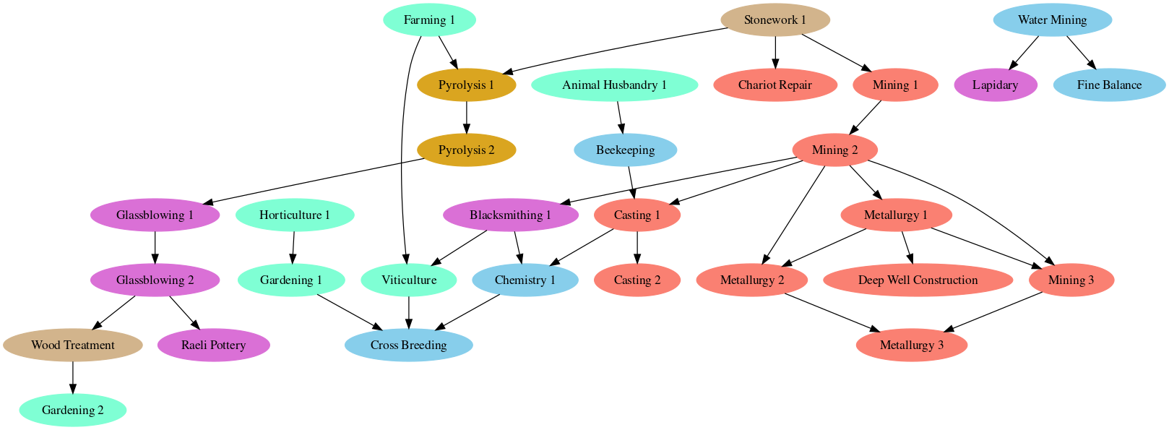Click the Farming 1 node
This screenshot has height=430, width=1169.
(x=429, y=20)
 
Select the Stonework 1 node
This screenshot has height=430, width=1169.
(x=775, y=20)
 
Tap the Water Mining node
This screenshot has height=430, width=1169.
(x=1052, y=20)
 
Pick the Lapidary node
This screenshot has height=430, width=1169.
(x=995, y=85)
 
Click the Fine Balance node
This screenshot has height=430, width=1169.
(x=1109, y=85)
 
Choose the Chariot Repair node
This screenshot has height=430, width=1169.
(x=775, y=85)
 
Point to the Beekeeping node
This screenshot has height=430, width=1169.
(x=625, y=150)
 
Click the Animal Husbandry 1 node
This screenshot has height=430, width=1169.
(x=614, y=85)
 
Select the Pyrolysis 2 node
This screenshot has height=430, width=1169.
(x=466, y=150)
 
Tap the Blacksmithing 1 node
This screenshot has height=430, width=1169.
(x=510, y=215)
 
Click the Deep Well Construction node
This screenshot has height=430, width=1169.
(x=918, y=280)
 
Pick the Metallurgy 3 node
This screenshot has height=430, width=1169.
(x=911, y=345)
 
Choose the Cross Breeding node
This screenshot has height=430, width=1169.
(x=408, y=345)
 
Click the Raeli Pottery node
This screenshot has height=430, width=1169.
(x=213, y=345)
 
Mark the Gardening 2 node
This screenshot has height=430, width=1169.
(x=72, y=410)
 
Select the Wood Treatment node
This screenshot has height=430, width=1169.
(x=72, y=345)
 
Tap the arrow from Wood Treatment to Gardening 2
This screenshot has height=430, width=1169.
(x=72, y=378)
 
